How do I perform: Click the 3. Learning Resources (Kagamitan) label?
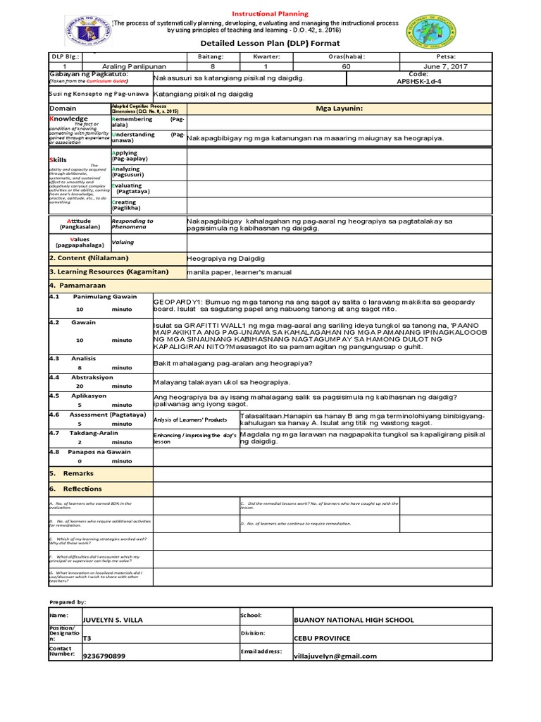coord(97,271)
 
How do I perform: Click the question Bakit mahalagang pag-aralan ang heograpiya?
coord(232,363)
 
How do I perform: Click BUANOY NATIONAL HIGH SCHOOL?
coord(353,620)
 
